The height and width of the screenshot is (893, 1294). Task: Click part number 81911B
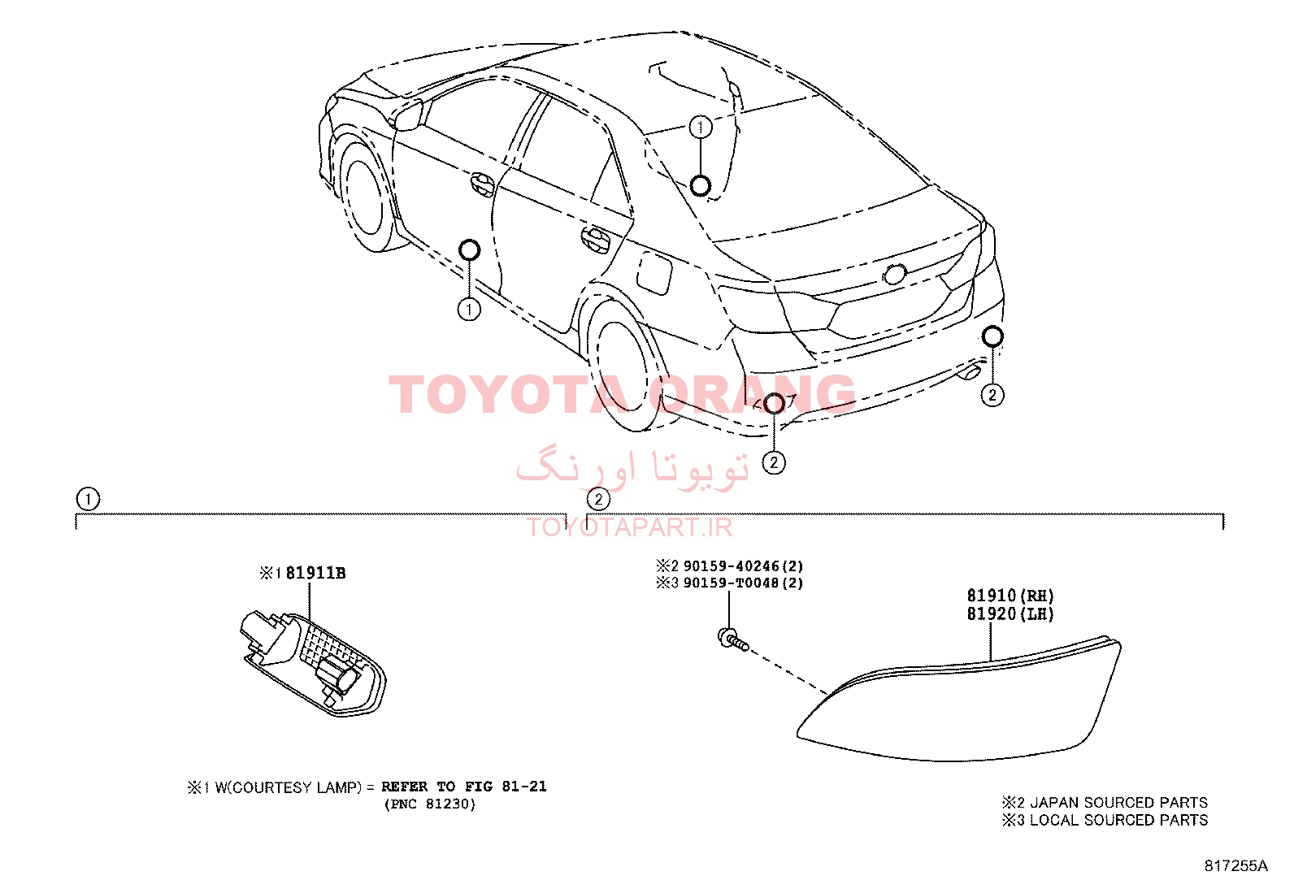(315, 573)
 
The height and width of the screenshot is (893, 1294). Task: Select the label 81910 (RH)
(1010, 596)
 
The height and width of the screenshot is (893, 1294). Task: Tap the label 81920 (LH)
(1010, 613)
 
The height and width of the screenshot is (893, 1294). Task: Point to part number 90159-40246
(732, 566)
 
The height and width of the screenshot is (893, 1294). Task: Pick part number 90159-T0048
(732, 583)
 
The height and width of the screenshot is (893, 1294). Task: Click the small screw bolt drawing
(732, 639)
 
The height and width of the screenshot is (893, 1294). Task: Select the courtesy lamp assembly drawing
(312, 664)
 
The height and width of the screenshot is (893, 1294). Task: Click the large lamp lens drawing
(959, 700)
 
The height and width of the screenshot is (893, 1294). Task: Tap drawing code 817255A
(1235, 866)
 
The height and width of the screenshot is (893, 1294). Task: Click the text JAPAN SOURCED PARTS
(1119, 802)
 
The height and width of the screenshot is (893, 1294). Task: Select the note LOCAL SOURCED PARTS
(1119, 820)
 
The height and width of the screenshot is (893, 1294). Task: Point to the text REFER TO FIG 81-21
(464, 787)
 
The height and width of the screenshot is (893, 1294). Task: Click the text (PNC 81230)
(430, 804)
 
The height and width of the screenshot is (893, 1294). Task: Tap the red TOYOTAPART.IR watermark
(629, 527)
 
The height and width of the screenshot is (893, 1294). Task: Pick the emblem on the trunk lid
(895, 275)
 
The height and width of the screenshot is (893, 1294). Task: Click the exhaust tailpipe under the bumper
(970, 373)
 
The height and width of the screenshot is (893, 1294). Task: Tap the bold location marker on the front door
(469, 250)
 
